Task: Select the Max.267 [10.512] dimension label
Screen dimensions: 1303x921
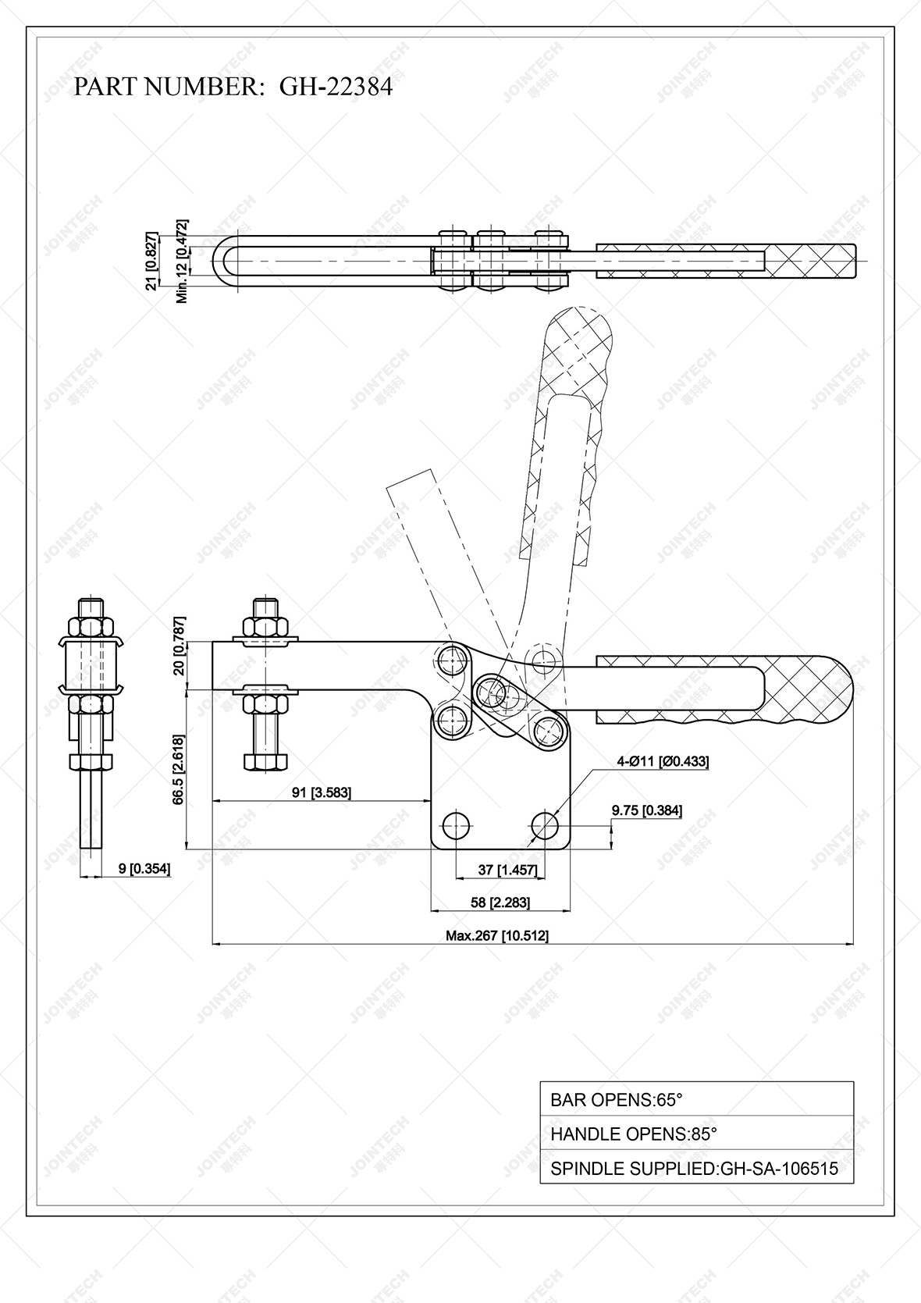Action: click(x=496, y=935)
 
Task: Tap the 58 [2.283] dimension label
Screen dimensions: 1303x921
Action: click(x=500, y=902)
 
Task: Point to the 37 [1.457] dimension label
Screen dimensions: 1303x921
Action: click(x=496, y=870)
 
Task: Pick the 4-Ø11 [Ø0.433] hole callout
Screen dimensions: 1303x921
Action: click(x=663, y=761)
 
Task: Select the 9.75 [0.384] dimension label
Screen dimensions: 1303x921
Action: click(x=646, y=810)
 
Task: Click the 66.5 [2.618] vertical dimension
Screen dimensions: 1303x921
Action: click(x=179, y=769)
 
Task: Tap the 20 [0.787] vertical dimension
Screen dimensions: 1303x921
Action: click(x=179, y=657)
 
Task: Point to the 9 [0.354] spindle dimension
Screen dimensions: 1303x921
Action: click(x=144, y=868)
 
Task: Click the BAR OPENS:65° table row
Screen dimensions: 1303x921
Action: click(x=696, y=1099)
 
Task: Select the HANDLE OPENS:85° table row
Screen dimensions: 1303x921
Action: click(x=696, y=1134)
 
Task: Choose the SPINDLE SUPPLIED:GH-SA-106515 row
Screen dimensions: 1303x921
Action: click(x=696, y=1169)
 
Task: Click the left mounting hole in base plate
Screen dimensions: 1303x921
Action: click(x=455, y=824)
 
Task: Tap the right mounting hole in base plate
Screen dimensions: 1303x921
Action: click(x=545, y=824)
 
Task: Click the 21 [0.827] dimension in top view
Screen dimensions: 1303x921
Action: click(x=152, y=261)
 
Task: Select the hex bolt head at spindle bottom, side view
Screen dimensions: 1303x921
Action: click(x=265, y=760)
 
